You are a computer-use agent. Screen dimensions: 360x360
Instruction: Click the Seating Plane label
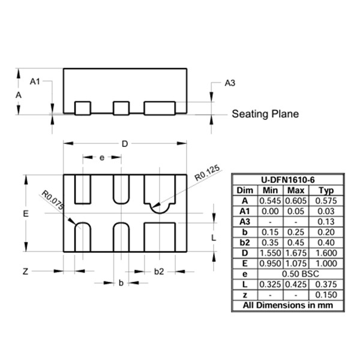point(265,114)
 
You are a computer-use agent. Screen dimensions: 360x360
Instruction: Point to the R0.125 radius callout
point(207,173)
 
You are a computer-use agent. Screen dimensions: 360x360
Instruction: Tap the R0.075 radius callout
point(53,200)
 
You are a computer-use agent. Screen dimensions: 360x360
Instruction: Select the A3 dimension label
point(230,83)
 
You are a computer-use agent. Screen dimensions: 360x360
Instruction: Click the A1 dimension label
point(35,81)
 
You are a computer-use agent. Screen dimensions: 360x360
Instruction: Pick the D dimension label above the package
point(125,144)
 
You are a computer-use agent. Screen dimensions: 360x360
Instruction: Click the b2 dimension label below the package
point(159,272)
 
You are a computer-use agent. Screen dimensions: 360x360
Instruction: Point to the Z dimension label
point(25,272)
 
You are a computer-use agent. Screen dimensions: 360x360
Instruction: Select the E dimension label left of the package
point(26,214)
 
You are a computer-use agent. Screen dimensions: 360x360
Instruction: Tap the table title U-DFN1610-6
point(288,180)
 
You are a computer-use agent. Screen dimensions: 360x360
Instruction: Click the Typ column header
point(326,190)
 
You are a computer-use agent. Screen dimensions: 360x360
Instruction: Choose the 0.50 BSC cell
point(301,274)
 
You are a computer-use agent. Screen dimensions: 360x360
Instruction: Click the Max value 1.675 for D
point(296,253)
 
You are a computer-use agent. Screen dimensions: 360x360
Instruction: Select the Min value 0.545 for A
point(270,201)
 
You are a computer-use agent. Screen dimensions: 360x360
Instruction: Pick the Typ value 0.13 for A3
point(326,222)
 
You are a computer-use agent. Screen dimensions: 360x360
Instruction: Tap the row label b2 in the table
point(245,242)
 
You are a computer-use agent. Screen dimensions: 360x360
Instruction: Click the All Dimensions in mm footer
point(288,305)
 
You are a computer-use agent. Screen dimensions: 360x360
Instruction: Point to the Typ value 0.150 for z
point(326,295)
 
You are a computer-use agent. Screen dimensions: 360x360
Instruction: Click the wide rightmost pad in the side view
point(160,108)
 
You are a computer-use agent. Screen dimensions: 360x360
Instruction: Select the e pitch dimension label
point(102,158)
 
